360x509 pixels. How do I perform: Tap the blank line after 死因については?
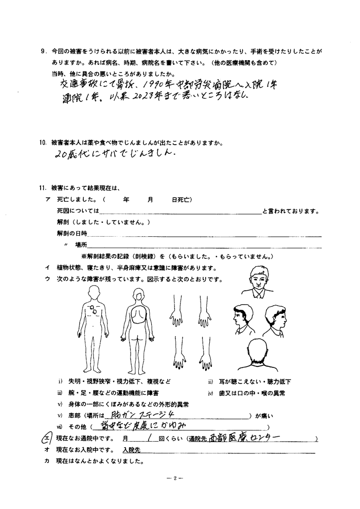click(x=180, y=211)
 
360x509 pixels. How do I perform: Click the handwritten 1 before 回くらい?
click(x=148, y=438)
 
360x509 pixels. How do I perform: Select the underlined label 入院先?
click(x=132, y=449)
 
